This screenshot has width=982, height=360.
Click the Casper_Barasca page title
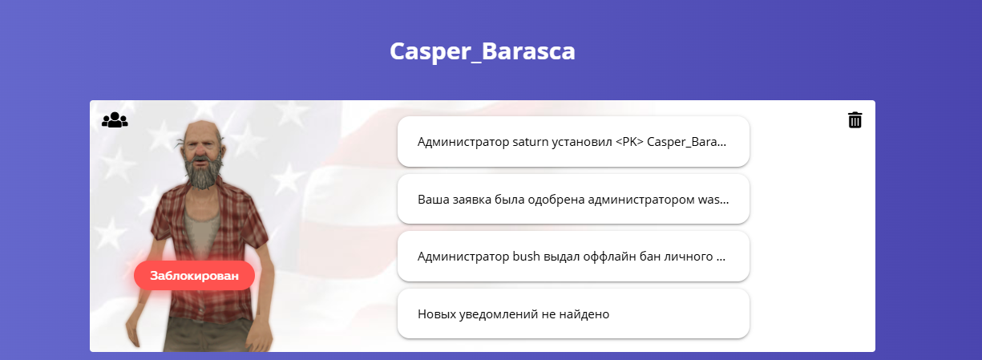[483, 51]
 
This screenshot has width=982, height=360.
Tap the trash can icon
[855, 119]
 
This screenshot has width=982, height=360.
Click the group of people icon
[115, 119]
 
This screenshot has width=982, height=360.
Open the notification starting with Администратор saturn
[573, 142]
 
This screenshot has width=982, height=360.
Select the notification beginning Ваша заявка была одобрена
[573, 199]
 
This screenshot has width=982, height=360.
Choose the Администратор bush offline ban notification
[573, 256]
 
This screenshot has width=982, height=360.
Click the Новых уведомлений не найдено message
[573, 313]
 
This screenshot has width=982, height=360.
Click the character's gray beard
[201, 173]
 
